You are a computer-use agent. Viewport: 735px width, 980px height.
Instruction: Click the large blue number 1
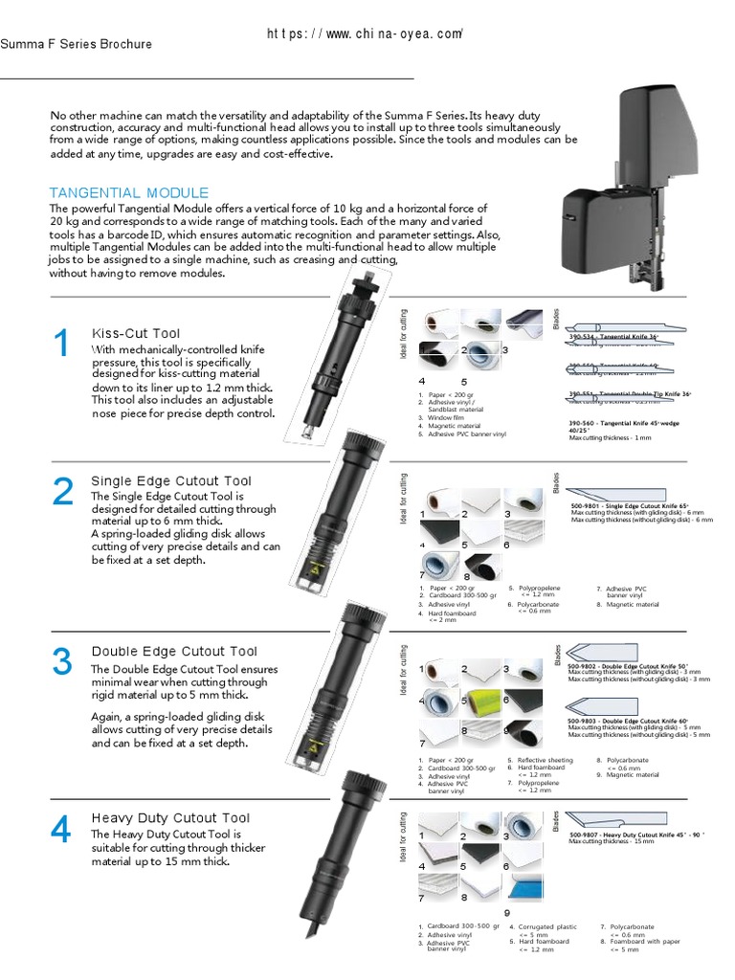point(62,344)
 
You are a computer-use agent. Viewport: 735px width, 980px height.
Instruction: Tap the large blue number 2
point(63,492)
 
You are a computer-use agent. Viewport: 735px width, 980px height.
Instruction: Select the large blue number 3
point(62,661)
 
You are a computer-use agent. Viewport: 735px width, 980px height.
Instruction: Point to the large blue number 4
point(61,830)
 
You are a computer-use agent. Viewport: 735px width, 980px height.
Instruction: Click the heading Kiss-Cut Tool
point(136,333)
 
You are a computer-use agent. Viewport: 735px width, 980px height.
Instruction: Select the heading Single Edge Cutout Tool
point(171,481)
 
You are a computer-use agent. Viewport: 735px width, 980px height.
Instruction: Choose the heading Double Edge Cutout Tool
point(174,652)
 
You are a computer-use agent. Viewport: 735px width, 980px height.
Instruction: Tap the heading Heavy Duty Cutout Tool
point(170,818)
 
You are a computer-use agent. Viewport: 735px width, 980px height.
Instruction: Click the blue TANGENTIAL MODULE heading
point(129,192)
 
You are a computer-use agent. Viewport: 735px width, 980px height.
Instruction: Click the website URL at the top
point(365,34)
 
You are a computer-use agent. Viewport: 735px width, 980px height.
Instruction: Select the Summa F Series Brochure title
point(76,44)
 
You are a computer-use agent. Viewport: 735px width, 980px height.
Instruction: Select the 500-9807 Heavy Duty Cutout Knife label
point(636,835)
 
